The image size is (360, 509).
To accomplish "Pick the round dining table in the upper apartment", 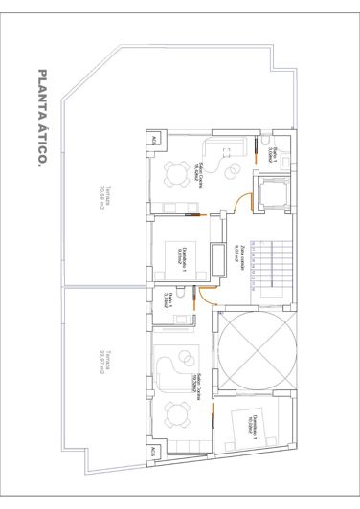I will pos(174,173).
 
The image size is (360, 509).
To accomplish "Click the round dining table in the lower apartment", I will pos(173,414).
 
